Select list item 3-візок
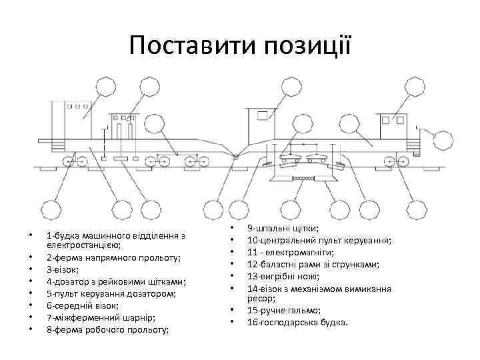click(62, 269)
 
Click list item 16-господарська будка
click(297, 322)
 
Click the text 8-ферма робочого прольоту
click(107, 329)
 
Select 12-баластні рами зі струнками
click(313, 264)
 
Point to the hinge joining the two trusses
click(235, 156)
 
